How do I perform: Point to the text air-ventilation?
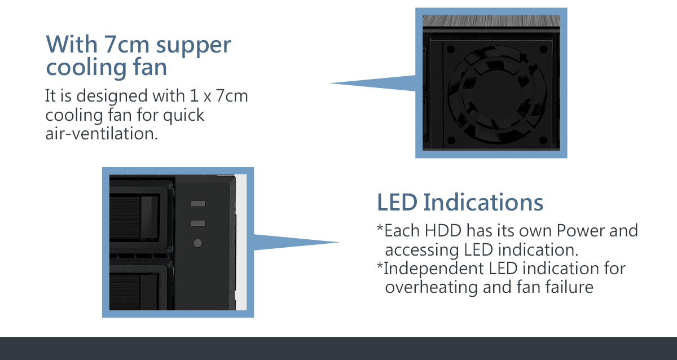(99, 134)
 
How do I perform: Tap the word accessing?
(421, 249)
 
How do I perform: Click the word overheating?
(432, 287)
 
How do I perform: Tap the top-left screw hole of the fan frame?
(451, 49)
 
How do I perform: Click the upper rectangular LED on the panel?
(198, 204)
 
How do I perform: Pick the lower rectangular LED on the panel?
(198, 223)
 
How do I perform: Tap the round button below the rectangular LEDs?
(198, 244)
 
